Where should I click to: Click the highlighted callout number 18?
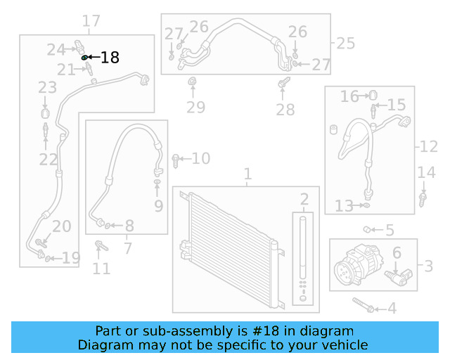[x=110, y=58]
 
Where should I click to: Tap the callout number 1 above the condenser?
[x=247, y=174]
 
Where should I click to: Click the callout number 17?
[x=91, y=22]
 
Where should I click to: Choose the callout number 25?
[x=345, y=44]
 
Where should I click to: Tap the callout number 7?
[x=127, y=247]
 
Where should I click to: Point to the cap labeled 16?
[x=373, y=95]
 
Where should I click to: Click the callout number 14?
[x=427, y=173]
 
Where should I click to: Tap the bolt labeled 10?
[x=175, y=160]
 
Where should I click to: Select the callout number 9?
[x=158, y=206]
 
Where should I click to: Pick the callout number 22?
[x=48, y=160]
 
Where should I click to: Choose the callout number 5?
[x=390, y=230]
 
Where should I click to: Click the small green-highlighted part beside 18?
[x=85, y=57]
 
